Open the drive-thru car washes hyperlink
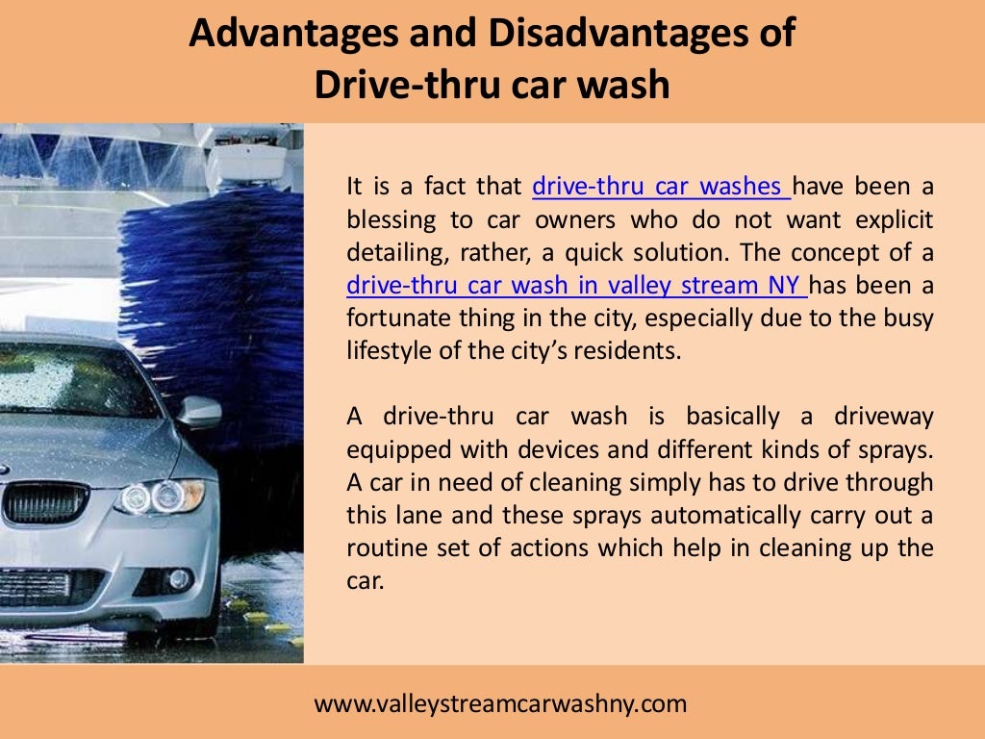[x=661, y=186]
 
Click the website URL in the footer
[x=501, y=703]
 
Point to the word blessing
[x=391, y=219]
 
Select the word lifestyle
[x=388, y=350]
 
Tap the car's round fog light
[x=178, y=579]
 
